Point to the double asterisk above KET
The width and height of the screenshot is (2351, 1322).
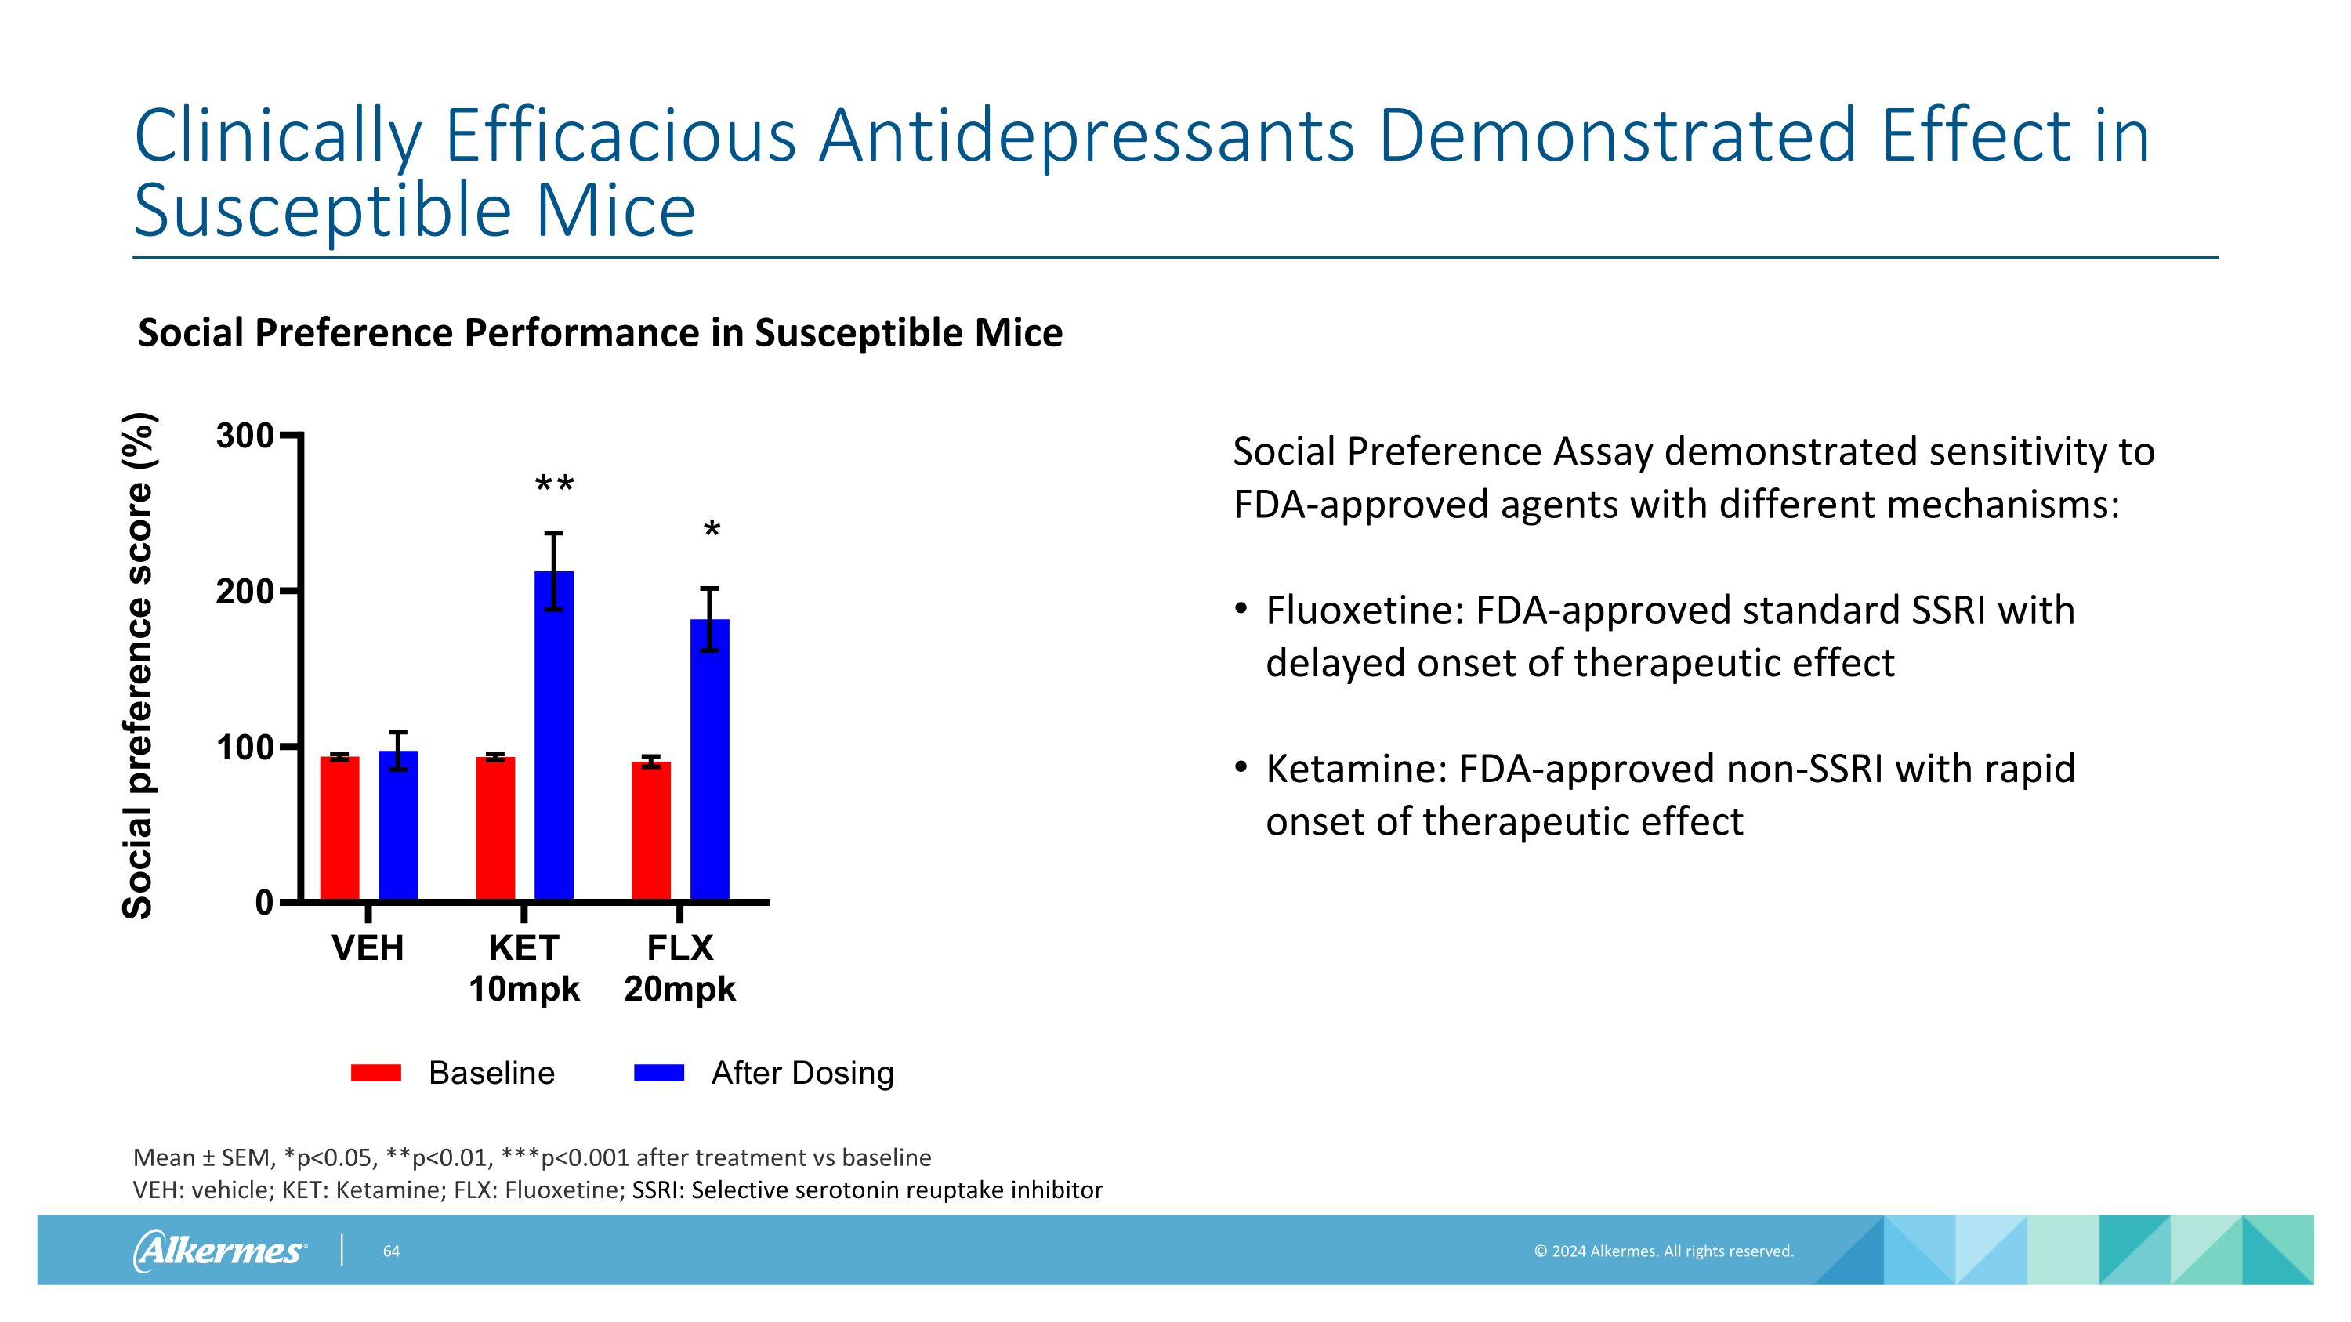[554, 484]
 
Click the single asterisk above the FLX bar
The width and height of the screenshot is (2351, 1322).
[712, 530]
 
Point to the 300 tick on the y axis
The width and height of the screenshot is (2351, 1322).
[245, 436]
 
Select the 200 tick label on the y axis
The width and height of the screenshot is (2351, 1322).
[245, 592]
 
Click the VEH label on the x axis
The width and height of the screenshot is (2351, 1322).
[368, 948]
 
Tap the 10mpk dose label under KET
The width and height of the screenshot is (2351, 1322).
[523, 989]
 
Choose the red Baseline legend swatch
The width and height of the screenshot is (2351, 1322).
[376, 1073]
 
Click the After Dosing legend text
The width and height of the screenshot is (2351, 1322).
[802, 1073]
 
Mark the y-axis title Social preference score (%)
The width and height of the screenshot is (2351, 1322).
[138, 666]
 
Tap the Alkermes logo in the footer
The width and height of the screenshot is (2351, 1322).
[219, 1251]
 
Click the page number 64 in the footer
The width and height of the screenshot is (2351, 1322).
[390, 1251]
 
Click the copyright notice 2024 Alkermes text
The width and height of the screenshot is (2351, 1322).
[1663, 1251]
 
